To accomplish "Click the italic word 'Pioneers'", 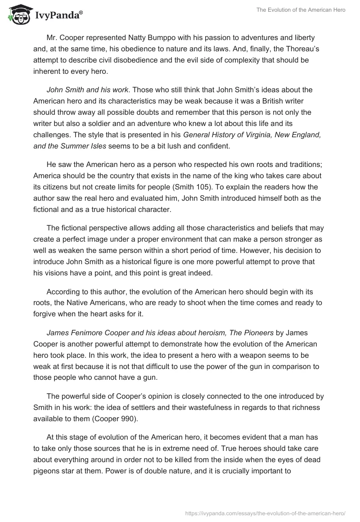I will [x=254, y=333].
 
